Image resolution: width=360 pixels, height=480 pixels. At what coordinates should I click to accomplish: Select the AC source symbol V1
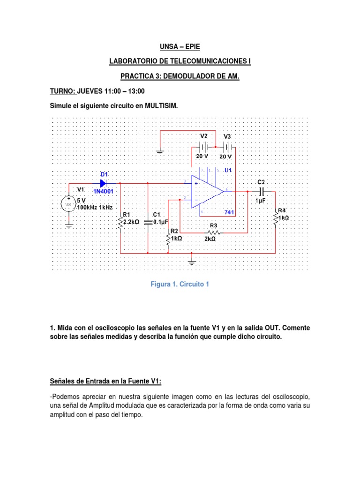pyautogui.click(x=69, y=205)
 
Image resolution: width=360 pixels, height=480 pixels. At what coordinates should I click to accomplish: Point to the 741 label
pyautogui.click(x=229, y=212)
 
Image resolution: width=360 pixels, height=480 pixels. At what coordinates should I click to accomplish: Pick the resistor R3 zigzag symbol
pyautogui.click(x=213, y=232)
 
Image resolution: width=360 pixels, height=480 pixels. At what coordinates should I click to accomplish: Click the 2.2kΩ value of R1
pyautogui.click(x=131, y=222)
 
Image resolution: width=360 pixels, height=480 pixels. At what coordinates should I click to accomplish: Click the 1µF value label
pyautogui.click(x=261, y=201)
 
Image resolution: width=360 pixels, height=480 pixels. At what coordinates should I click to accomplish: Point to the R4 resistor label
pyautogui.click(x=282, y=210)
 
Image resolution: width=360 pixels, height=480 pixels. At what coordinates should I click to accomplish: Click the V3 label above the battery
pyautogui.click(x=227, y=136)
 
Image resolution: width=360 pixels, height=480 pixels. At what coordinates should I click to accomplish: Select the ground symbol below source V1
pyautogui.click(x=69, y=225)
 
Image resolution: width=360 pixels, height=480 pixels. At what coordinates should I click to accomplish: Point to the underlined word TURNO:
pyautogui.click(x=62, y=91)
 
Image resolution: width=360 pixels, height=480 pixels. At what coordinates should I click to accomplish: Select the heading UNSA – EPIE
pyautogui.click(x=180, y=46)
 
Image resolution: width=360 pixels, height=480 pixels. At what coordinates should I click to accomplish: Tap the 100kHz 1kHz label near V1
pyautogui.click(x=95, y=207)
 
